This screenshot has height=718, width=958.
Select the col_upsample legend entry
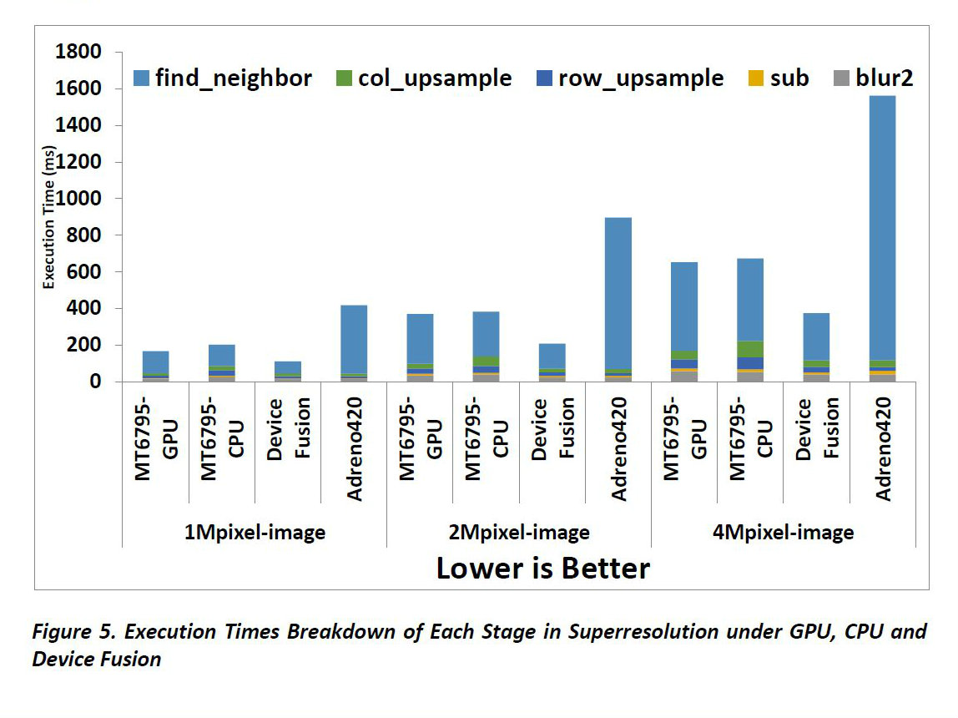[434, 78]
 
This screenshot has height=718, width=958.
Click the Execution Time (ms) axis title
[49, 216]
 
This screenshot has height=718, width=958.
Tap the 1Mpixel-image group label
[255, 533]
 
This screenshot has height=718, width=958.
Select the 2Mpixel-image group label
[519, 533]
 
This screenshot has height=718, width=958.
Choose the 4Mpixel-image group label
[783, 533]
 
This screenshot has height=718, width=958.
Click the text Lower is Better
[542, 569]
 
